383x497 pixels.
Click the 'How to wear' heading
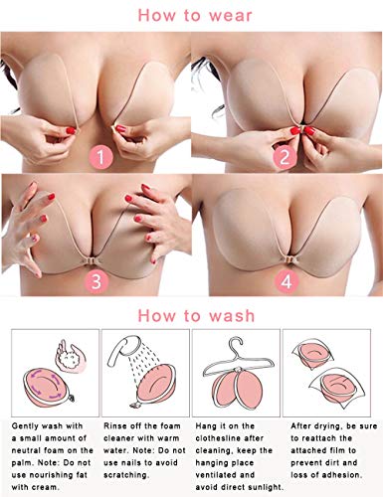tap(191, 16)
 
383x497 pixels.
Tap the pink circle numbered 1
tap(100, 156)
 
